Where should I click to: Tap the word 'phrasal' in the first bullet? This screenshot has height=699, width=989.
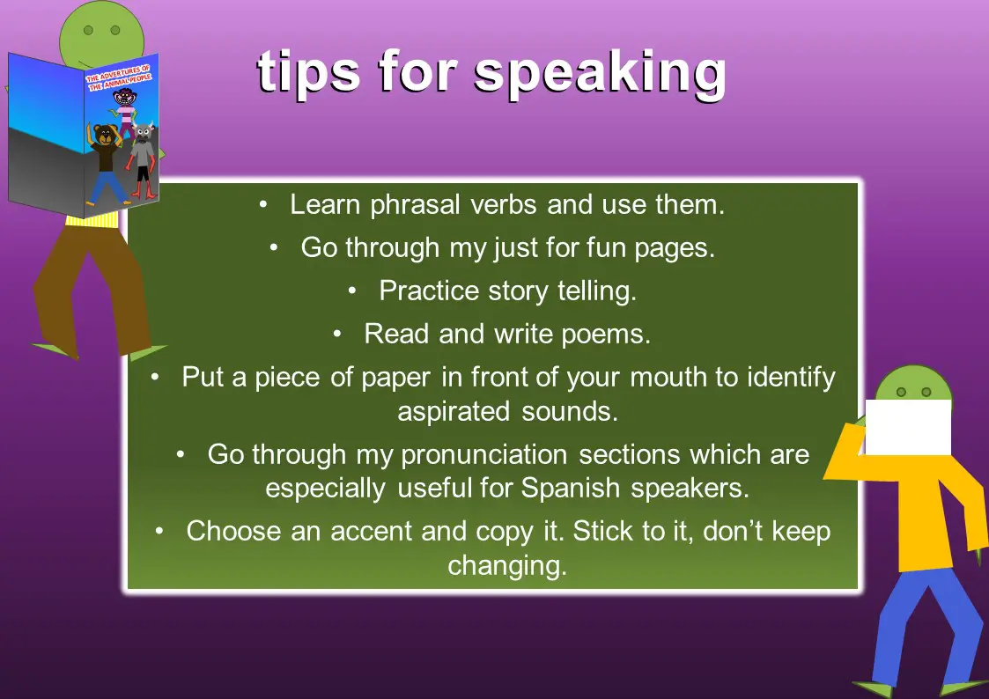tap(410, 205)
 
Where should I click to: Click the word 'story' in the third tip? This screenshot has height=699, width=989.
tap(516, 291)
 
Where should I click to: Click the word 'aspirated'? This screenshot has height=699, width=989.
tap(454, 411)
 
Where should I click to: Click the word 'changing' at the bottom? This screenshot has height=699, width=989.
tap(506, 565)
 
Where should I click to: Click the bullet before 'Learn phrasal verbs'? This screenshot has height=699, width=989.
tap(263, 205)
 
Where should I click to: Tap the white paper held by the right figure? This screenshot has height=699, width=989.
tap(907, 427)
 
